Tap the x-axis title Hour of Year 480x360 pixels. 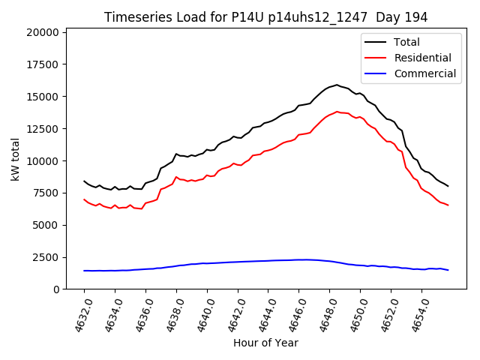265,343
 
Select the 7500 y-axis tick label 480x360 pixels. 46,193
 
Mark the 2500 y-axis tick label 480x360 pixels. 46,257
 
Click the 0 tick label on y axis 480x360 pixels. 56,289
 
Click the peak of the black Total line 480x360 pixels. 337,85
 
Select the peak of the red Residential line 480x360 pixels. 337,112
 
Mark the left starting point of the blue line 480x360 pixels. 84,271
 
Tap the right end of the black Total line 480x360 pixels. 448,186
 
